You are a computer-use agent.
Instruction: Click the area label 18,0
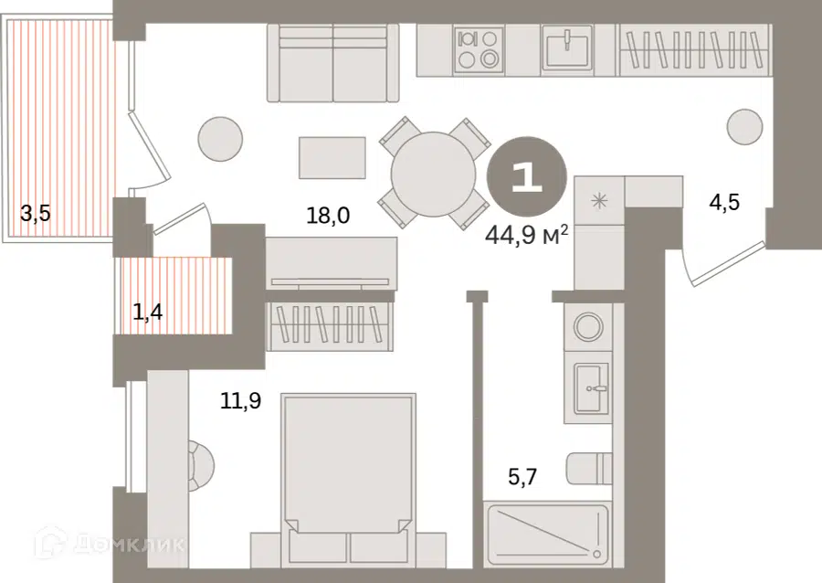pos(328,215)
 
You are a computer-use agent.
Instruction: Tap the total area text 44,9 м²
pos(527,235)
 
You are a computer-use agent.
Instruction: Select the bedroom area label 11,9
pos(240,401)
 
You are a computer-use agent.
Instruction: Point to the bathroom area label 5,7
pos(522,477)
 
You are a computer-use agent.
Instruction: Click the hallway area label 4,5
pos(724,201)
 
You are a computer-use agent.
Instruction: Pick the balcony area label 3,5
pos(35,214)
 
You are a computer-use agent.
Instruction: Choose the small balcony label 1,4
pos(147,313)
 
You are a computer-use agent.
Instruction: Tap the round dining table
pos(434,174)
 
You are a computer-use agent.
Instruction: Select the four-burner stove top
pos(478,48)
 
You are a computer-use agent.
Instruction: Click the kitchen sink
pos(567,48)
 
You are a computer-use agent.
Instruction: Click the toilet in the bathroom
pos(589,467)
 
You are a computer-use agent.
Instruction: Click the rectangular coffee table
pos(332,158)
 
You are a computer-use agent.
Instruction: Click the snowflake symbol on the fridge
pos(598,200)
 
